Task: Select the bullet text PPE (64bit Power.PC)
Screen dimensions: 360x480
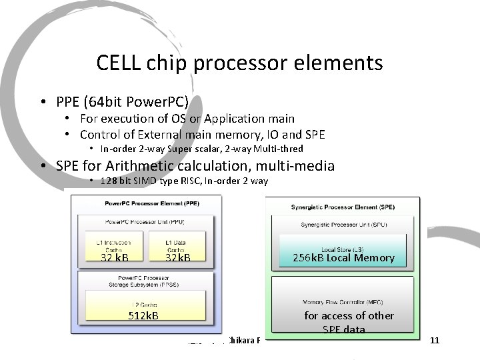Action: [x=122, y=101]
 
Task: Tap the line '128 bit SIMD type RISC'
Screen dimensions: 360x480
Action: [x=183, y=181]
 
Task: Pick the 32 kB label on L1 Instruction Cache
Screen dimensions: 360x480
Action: [x=114, y=257]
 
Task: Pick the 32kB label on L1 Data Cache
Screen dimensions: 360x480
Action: [x=178, y=257]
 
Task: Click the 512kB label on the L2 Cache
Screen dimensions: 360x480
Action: [x=143, y=315]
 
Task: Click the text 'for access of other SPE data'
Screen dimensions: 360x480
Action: [x=349, y=322]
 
